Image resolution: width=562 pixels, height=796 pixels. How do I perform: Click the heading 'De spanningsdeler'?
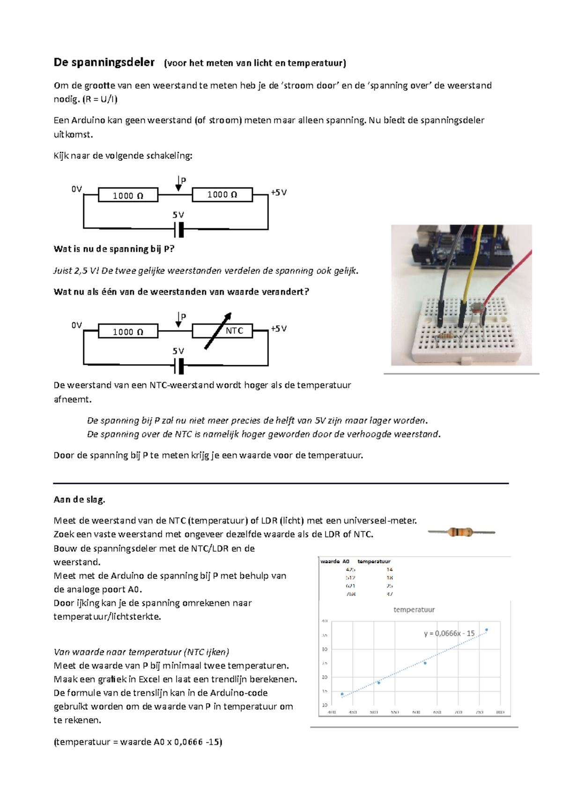(x=104, y=62)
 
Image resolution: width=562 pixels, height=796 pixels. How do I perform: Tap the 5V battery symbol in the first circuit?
(x=179, y=230)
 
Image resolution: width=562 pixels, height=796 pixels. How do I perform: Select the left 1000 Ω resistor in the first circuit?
(x=128, y=195)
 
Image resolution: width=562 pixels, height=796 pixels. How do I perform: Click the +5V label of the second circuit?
(x=279, y=329)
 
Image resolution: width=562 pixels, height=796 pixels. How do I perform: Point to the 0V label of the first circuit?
(x=76, y=189)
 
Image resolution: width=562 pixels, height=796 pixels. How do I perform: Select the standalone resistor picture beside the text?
(x=461, y=532)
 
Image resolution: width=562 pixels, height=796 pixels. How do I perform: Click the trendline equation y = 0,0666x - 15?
(x=449, y=633)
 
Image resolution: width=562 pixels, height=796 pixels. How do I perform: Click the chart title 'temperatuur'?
(x=414, y=609)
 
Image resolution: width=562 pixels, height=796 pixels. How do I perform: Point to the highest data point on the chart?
(x=487, y=630)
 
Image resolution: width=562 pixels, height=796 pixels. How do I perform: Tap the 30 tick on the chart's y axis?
(x=324, y=649)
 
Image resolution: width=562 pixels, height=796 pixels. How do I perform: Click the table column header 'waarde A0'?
(x=335, y=561)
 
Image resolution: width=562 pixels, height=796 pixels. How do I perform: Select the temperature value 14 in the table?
(x=390, y=570)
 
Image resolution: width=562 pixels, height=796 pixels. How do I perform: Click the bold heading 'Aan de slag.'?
(x=79, y=500)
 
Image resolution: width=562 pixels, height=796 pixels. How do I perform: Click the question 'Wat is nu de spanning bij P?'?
(x=114, y=249)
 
